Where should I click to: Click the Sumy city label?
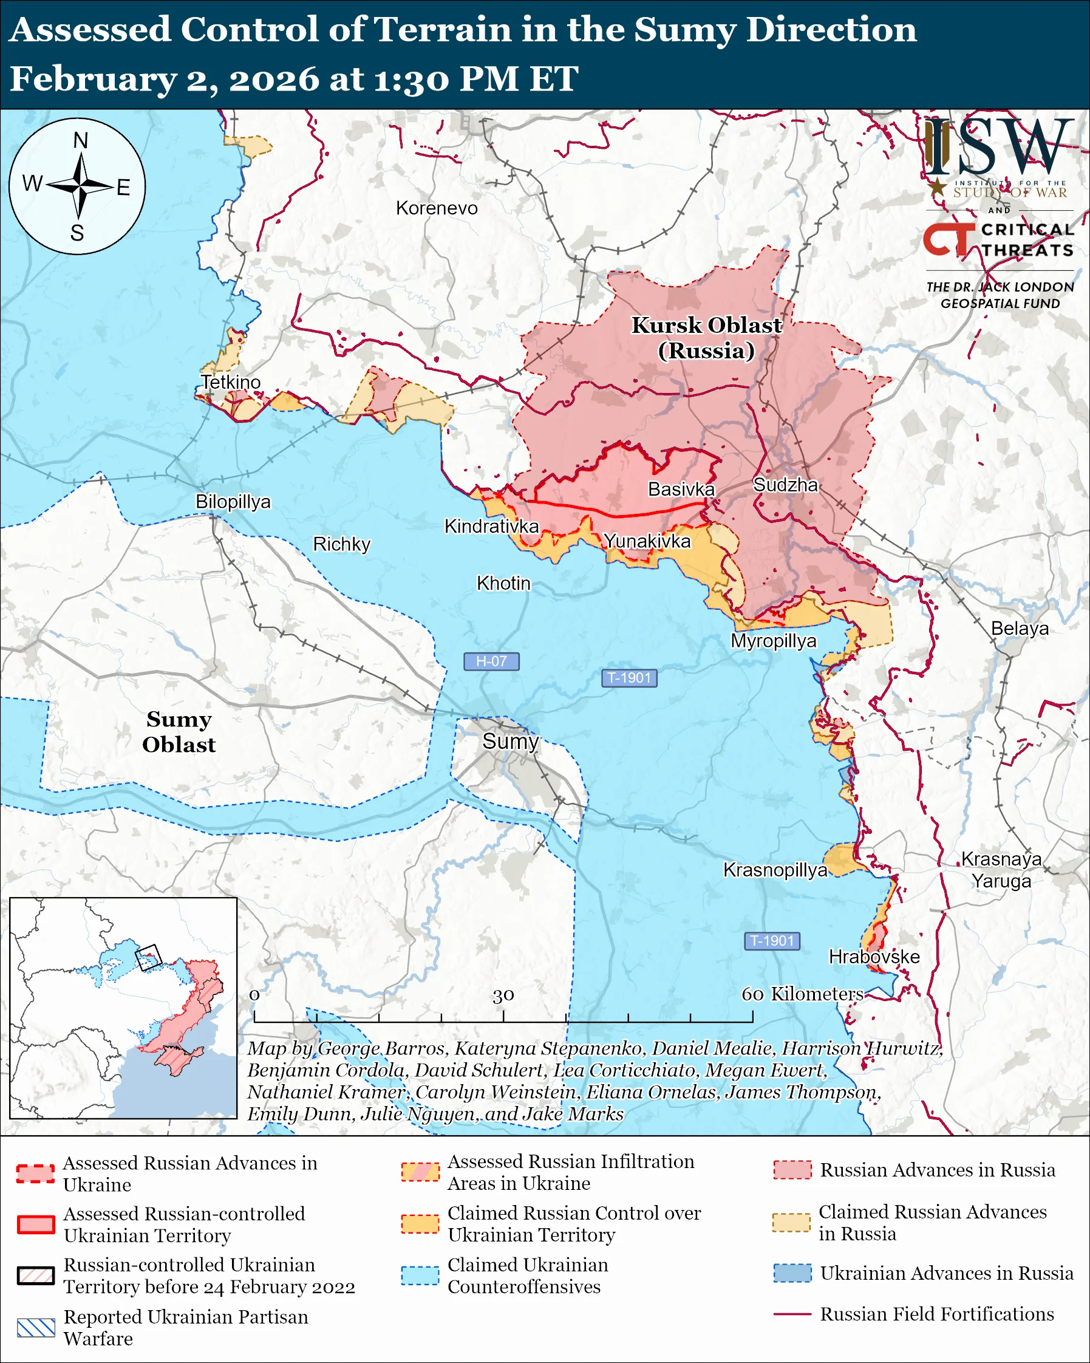510,741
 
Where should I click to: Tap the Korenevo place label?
437,208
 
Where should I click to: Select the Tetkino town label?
231,382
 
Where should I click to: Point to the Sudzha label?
785,485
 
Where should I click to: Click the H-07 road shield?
491,661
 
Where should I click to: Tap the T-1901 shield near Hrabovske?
772,941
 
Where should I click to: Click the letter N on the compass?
80,140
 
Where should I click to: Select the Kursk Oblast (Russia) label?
706,338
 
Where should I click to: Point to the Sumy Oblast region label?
179,732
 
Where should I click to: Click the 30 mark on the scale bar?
503,996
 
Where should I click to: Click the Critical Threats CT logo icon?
949,239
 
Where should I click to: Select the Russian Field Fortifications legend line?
792,1314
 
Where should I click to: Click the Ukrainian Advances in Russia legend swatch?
792,1273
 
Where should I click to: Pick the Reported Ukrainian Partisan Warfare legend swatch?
36,1328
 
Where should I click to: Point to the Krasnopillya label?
775,870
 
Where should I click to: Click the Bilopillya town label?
233,501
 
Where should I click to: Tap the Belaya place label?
1019,629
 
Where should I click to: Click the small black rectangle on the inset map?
149,957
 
